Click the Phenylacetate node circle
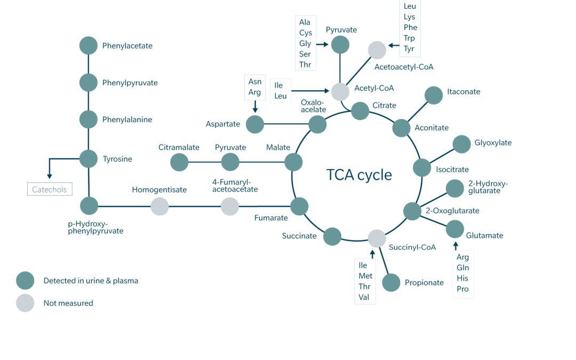[89, 46]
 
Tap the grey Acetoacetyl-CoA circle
[377, 50]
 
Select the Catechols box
[50, 189]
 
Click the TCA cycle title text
[359, 174]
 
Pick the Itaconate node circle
[434, 95]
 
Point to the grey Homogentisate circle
[159, 206]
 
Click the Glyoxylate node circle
[461, 145]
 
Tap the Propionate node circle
[391, 283]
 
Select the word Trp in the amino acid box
[409, 38]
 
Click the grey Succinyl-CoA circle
[377, 238]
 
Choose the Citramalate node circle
[179, 162]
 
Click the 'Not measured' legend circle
[25, 303]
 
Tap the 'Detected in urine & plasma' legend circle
[25, 281]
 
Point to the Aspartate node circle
[255, 125]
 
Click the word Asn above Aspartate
[255, 82]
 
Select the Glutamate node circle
[455, 229]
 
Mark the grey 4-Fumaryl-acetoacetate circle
[230, 206]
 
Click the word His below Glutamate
[462, 278]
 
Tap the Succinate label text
[299, 236]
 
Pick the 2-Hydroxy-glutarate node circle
[455, 189]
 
